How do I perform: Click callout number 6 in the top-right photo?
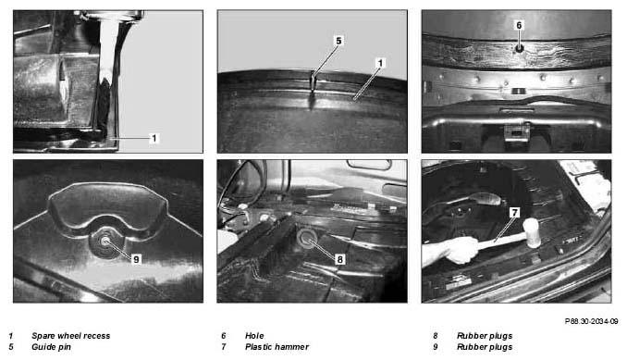point(519,25)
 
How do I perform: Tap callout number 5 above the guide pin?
point(338,41)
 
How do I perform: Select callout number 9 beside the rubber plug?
point(136,259)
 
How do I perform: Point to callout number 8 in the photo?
point(340,259)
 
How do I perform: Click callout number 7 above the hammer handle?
point(515,213)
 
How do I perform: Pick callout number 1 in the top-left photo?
point(154,139)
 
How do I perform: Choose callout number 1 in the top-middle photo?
point(380,63)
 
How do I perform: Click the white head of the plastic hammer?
point(533,233)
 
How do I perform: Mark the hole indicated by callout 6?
point(519,48)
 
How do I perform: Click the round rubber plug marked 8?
point(307,237)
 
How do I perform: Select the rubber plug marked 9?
point(105,242)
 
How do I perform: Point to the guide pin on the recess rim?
point(313,81)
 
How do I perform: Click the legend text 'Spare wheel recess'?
point(71,336)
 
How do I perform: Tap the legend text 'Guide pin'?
point(51,347)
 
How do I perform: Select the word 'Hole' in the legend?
point(254,336)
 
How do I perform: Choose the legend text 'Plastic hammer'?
point(277,347)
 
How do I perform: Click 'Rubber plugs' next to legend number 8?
point(485,336)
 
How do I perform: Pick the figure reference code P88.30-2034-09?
point(592,321)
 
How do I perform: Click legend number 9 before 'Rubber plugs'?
point(436,347)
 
